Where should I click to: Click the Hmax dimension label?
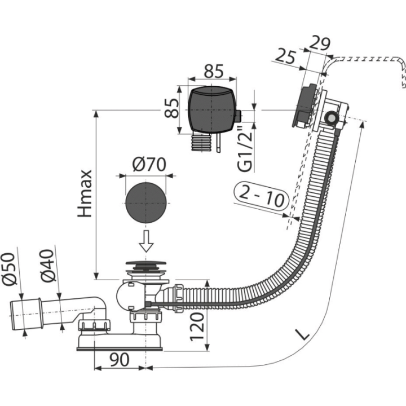coord(85,193)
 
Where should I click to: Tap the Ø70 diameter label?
coord(149,164)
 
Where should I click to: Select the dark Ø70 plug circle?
coord(145,203)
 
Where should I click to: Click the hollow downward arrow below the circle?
coord(146,241)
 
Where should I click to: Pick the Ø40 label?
coord(48,266)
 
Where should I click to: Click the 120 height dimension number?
coord(197,326)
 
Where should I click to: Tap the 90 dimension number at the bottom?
coord(120,360)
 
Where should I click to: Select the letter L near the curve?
coord(302,334)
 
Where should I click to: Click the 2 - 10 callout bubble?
coord(261,196)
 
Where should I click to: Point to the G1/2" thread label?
coord(245,149)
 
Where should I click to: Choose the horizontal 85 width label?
coord(214,71)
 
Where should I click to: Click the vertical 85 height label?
coord(171,108)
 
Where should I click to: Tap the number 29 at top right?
coord(320,43)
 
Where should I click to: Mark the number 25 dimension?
coord(285,57)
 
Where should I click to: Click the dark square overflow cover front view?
coord(212,110)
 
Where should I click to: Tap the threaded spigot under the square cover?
coord(200,142)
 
